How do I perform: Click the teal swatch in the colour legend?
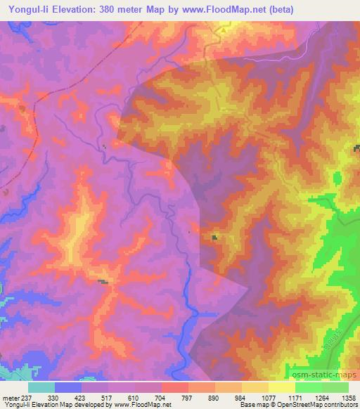coord(41,387)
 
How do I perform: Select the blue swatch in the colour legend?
coord(68,387)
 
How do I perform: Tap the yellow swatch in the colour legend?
coord(282,387)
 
